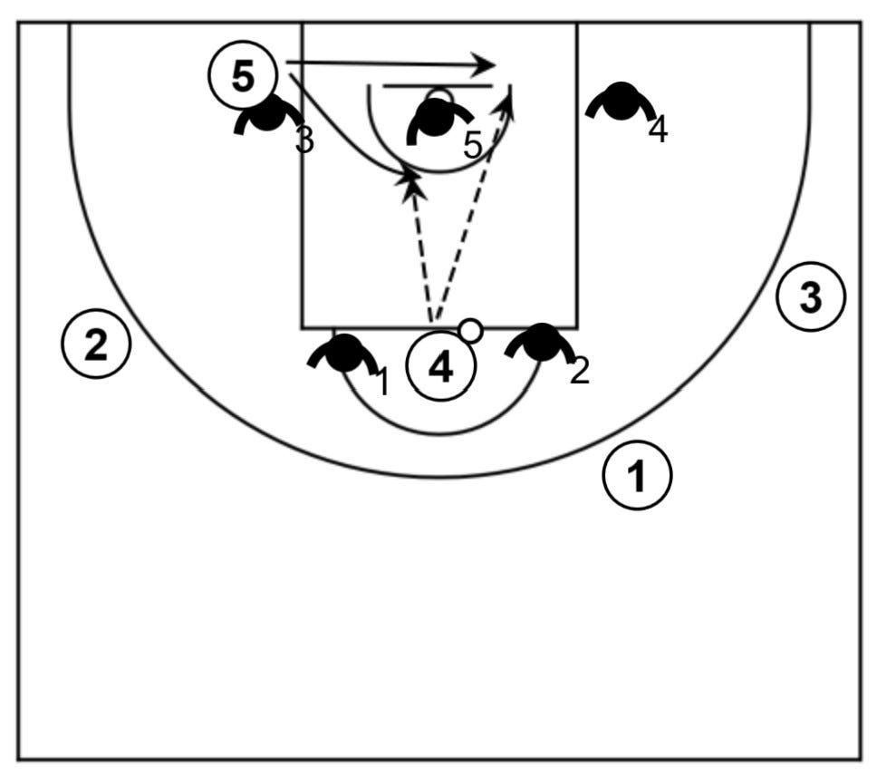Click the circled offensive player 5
(243, 76)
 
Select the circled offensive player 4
(441, 368)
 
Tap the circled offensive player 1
(639, 475)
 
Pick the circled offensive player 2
(95, 344)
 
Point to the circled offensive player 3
(811, 296)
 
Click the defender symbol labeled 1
(343, 354)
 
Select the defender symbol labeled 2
(542, 343)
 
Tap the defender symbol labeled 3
(268, 115)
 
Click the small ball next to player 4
(470, 331)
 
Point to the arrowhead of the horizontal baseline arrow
(487, 64)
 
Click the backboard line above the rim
(438, 86)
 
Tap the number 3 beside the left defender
(305, 141)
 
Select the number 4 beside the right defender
(659, 130)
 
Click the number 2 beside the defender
(579, 370)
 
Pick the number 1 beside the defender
(382, 383)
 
